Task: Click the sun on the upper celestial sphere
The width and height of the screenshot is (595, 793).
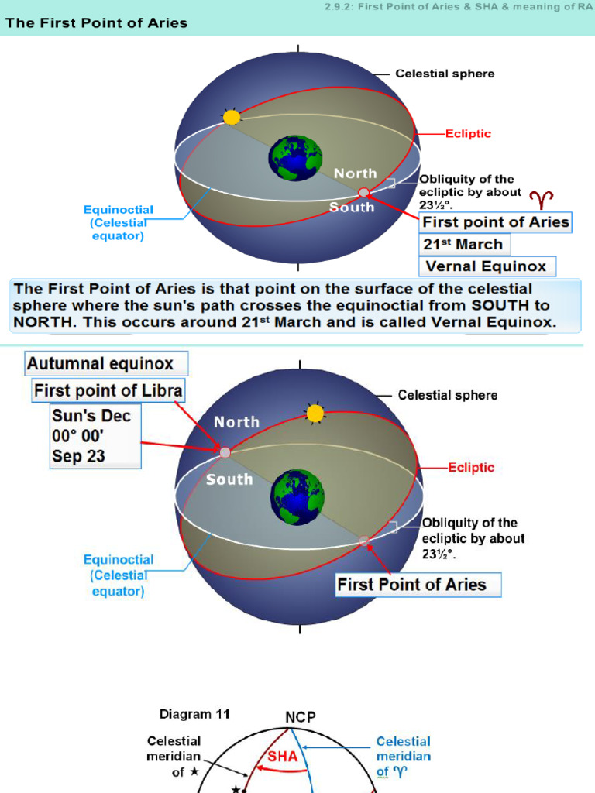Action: tap(232, 118)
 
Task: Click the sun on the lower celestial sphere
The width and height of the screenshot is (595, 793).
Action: tap(315, 414)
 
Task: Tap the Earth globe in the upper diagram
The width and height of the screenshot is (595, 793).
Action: tap(295, 158)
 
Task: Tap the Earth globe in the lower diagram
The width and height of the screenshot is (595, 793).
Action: tap(297, 497)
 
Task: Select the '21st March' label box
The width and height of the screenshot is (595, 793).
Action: tap(465, 244)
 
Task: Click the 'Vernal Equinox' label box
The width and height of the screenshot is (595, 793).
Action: tap(487, 266)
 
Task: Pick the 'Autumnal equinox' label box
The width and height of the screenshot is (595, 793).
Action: tap(106, 364)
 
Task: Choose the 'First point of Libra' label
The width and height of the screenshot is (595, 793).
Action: tap(108, 390)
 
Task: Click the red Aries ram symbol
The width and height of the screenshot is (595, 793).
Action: tap(542, 200)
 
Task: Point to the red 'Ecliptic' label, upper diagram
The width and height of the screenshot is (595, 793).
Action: tap(468, 134)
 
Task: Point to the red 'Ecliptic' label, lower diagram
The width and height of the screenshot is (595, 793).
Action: tap(471, 467)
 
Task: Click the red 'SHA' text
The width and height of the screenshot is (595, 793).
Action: tap(282, 756)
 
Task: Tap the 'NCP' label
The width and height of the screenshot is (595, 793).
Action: tap(301, 717)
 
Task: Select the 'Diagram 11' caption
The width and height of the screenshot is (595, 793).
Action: tap(194, 714)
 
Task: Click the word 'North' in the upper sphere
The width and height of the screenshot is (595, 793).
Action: tap(356, 173)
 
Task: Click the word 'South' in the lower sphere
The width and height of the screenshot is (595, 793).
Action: tap(229, 479)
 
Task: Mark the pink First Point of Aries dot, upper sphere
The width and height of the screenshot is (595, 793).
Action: tap(363, 192)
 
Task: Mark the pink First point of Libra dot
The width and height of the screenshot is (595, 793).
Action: tap(225, 452)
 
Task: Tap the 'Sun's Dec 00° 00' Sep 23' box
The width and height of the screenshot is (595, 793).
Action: tap(95, 437)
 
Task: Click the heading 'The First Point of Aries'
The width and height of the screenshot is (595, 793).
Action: tap(96, 22)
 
